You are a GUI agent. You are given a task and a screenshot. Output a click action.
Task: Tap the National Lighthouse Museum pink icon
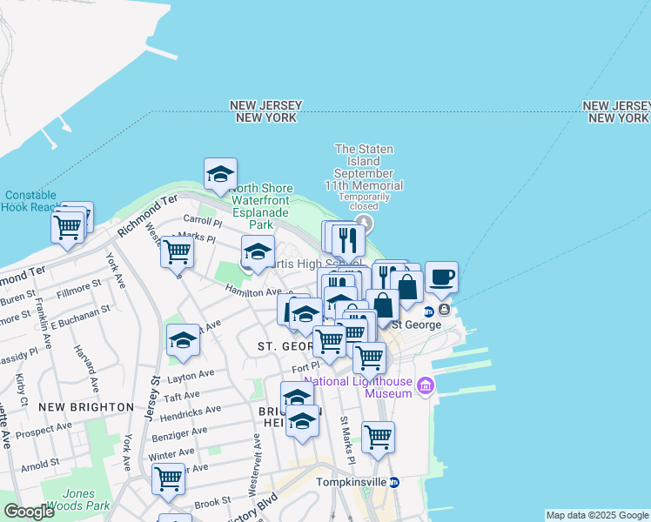coord(426,385)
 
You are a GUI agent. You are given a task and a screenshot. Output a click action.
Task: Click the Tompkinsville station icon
coord(394,483)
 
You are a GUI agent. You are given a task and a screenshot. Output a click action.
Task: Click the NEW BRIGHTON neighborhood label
coord(87,407)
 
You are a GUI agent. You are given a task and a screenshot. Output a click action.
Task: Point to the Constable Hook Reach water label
coord(30,201)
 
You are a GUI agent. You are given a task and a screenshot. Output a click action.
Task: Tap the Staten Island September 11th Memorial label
coord(369,167)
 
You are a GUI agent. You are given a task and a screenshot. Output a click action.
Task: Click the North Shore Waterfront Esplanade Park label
coord(261,206)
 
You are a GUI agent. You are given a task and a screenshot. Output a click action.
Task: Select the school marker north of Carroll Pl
coord(220,174)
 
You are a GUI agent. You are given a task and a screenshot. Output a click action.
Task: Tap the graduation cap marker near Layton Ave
coord(184,340)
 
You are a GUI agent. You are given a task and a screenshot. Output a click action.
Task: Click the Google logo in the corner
coord(29,512)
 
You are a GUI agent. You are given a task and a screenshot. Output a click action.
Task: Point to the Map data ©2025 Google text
coord(597,515)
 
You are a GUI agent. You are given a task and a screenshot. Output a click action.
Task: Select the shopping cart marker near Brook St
coord(167,478)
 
